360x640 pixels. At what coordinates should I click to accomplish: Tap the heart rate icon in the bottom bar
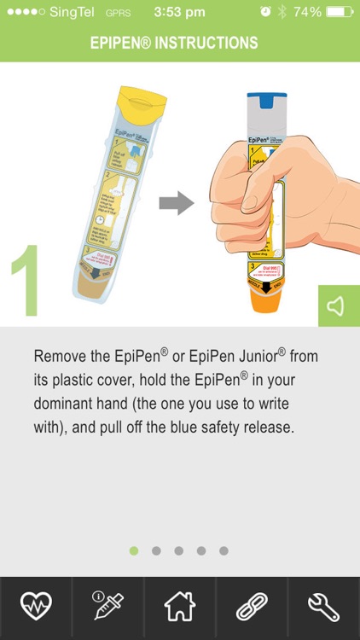tap(36, 607)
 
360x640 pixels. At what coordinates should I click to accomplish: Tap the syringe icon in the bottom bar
tap(107, 607)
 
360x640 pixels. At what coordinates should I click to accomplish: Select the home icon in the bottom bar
tap(180, 607)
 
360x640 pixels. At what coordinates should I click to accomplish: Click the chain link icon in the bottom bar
tap(252, 607)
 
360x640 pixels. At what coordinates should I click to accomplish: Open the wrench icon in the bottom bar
tap(324, 607)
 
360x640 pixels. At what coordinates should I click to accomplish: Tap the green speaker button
tap(338, 305)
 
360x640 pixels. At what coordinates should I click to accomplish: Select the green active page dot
tap(134, 550)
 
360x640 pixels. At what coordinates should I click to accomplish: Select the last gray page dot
tap(224, 550)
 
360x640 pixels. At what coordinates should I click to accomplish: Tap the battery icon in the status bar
tap(339, 12)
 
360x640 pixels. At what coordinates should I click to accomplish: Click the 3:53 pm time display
tap(179, 12)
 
